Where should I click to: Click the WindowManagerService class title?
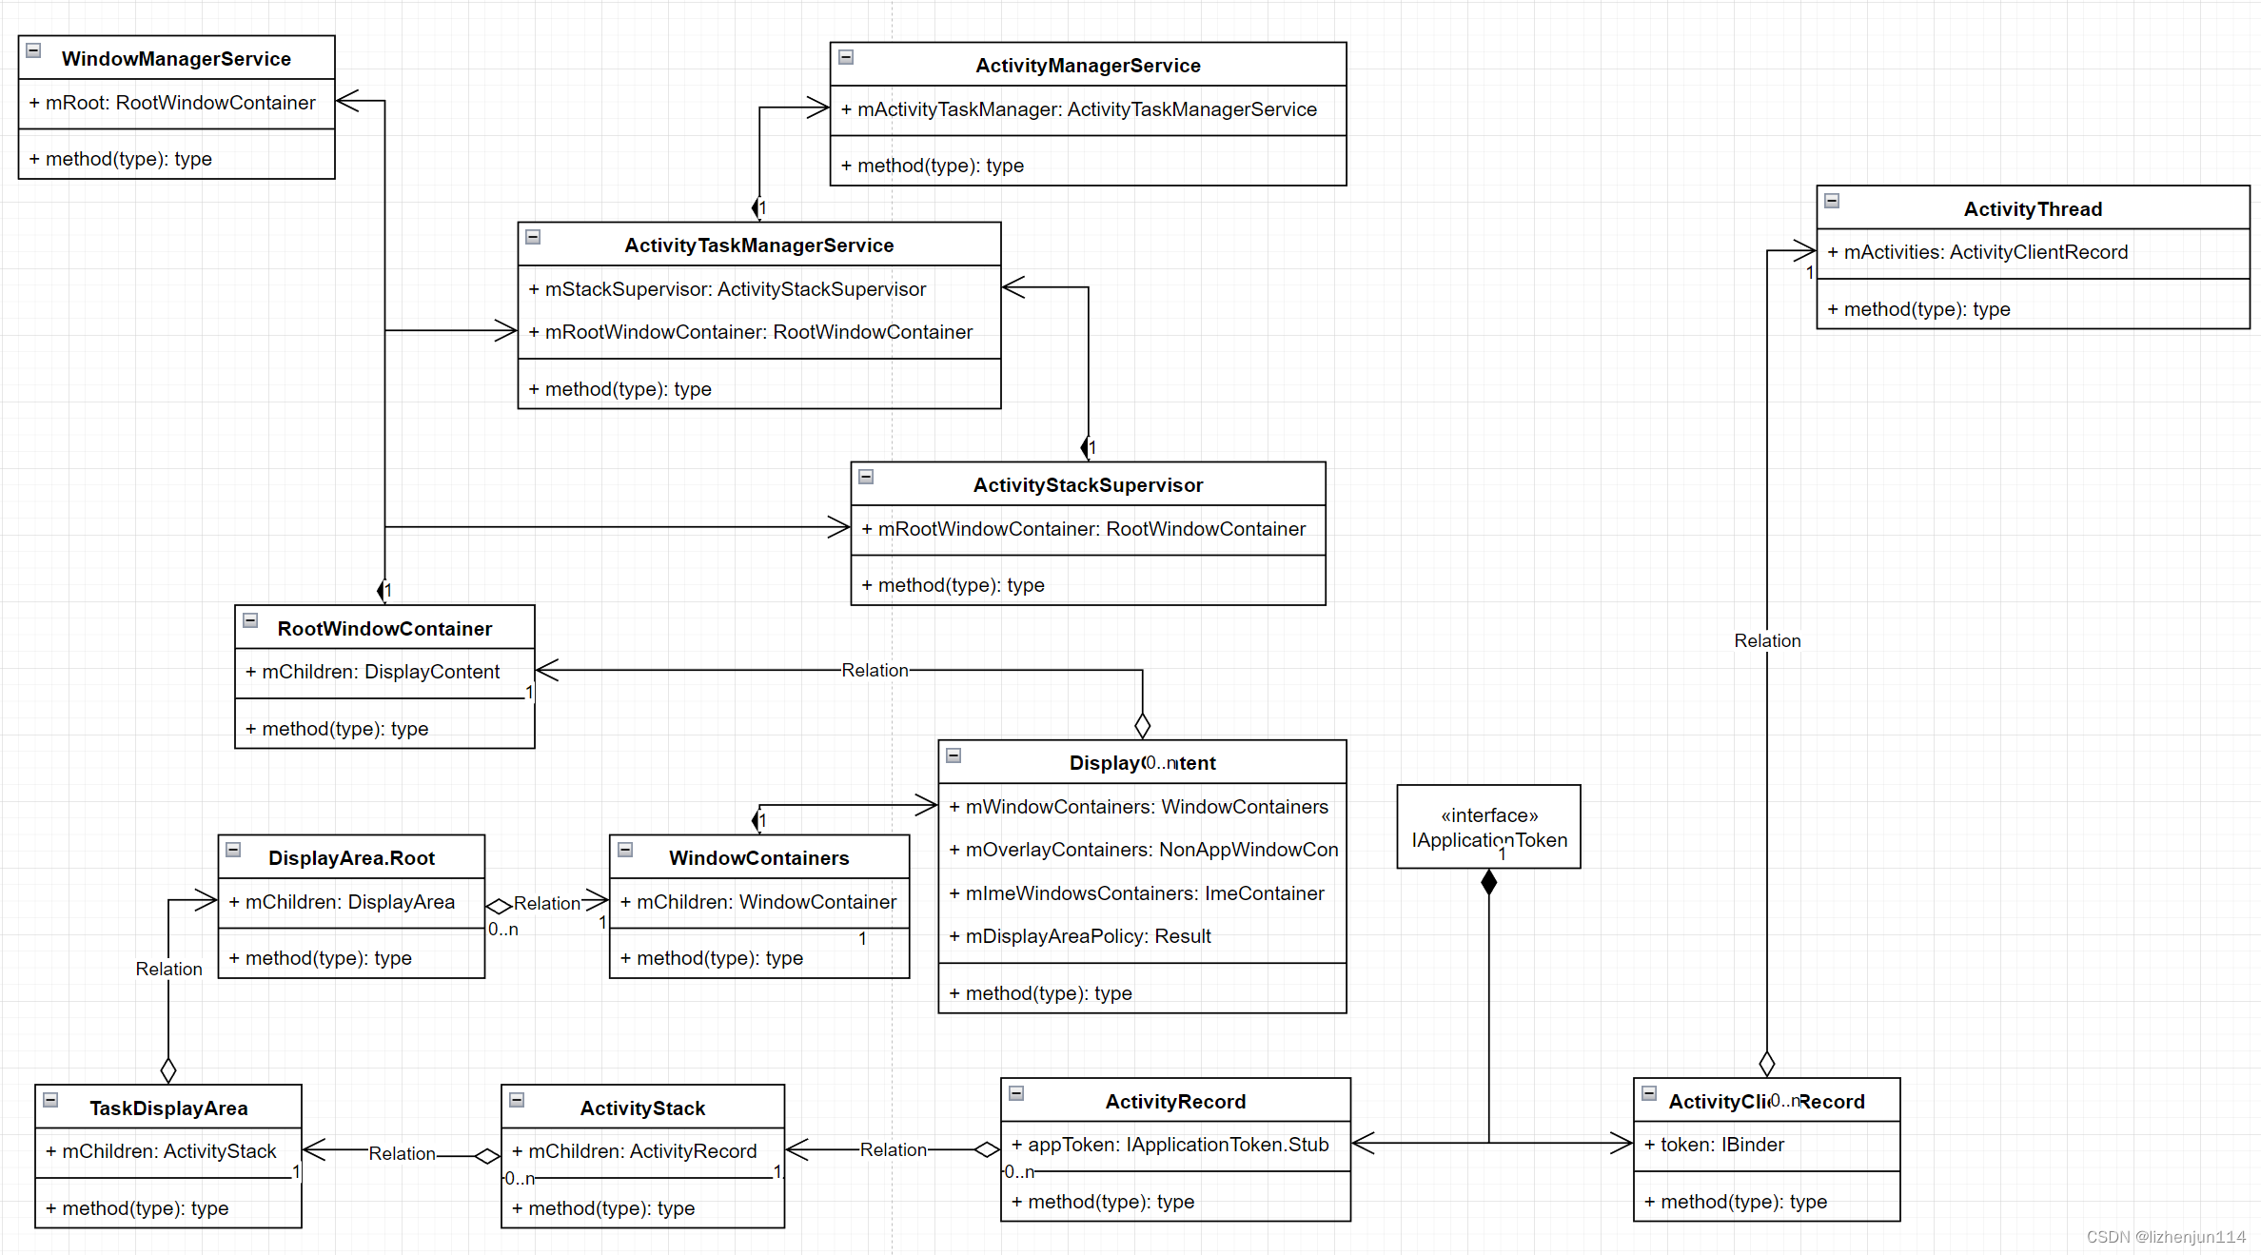click(176, 59)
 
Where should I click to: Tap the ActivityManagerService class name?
click(1088, 66)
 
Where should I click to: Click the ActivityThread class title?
click(2033, 209)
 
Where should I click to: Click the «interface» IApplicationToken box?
click(1488, 827)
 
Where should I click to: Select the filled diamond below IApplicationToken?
click(1489, 882)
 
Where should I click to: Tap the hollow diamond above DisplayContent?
click(1143, 726)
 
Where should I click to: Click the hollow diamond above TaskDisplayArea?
click(168, 1070)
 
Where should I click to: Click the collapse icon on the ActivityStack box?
click(517, 1100)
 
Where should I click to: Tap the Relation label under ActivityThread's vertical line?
click(1767, 641)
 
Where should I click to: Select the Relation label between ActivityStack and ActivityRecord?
click(893, 1150)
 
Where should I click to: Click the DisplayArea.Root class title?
click(351, 858)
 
